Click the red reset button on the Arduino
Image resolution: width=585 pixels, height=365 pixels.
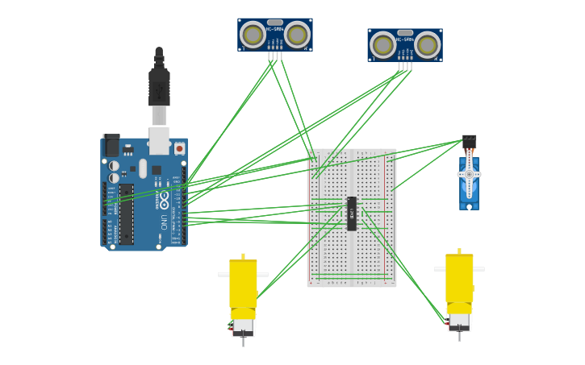click(179, 148)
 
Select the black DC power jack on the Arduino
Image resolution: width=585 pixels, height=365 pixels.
click(111, 146)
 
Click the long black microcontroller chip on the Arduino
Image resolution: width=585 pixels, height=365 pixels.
click(127, 214)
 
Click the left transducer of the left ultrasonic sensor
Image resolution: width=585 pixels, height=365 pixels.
click(253, 35)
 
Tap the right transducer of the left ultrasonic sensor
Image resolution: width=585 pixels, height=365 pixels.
click(297, 35)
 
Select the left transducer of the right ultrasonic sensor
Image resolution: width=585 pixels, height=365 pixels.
click(383, 45)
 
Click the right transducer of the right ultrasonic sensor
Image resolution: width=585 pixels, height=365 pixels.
click(427, 45)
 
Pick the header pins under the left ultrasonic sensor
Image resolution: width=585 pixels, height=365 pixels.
click(275, 56)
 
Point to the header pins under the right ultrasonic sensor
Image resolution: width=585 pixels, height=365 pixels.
click(405, 66)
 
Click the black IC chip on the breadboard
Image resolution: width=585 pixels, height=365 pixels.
click(352, 214)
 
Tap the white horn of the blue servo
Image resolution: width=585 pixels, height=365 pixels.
click(469, 174)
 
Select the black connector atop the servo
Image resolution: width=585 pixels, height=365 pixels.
click(469, 142)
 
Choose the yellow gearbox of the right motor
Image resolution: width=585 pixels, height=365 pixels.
click(459, 278)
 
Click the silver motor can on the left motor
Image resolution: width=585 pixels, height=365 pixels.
click(243, 326)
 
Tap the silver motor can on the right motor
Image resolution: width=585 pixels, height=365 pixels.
click(459, 321)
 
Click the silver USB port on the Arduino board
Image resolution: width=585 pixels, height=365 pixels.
click(159, 140)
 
